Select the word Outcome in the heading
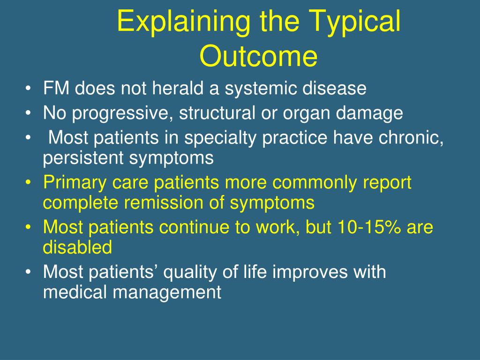click(x=258, y=56)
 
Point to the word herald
click(x=179, y=88)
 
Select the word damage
click(x=369, y=113)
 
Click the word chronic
click(x=411, y=138)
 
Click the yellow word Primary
click(x=75, y=183)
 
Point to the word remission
click(x=164, y=202)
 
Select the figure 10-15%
click(x=369, y=227)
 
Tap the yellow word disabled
click(x=77, y=247)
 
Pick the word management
click(x=167, y=292)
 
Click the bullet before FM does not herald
click(x=28, y=88)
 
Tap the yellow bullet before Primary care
click(x=28, y=182)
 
